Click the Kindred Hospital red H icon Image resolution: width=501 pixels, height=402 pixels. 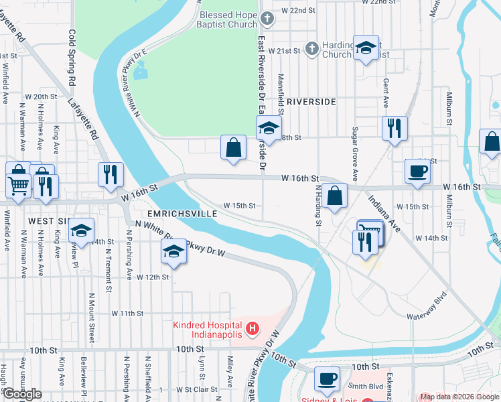pyautogui.click(x=252, y=328)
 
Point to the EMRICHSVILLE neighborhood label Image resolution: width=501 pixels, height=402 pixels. pyautogui.click(x=183, y=213)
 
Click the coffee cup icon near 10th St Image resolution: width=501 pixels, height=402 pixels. pyautogui.click(x=327, y=378)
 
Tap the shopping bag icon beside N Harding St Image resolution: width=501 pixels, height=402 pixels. pyautogui.click(x=334, y=195)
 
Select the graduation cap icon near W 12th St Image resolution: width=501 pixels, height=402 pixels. pyautogui.click(x=173, y=253)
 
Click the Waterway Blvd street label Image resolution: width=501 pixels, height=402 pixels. pyautogui.click(x=426, y=316)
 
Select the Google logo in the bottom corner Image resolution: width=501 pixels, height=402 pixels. pyautogui.click(x=22, y=394)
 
